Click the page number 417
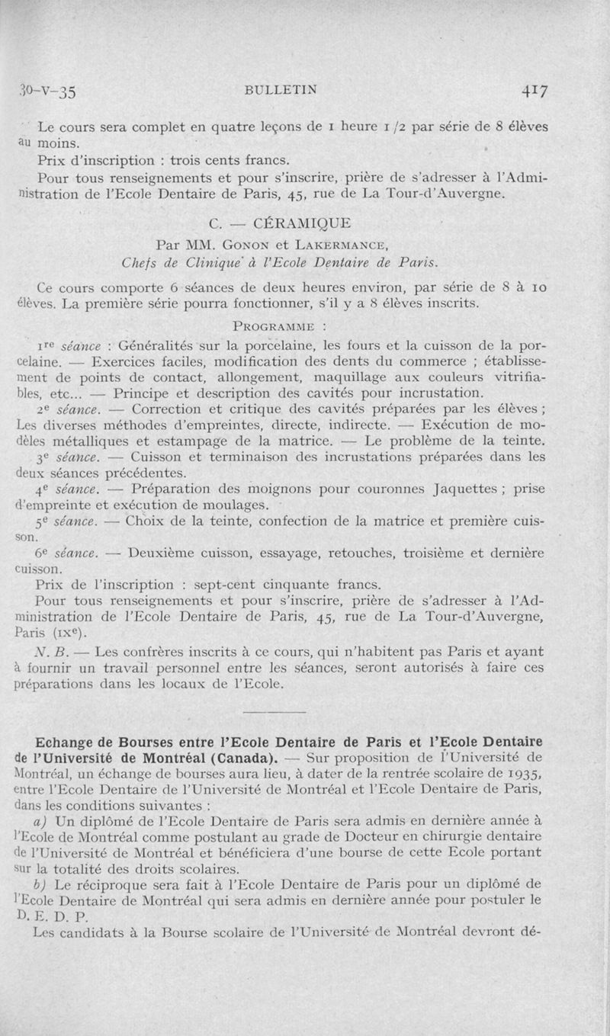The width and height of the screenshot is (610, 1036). (x=538, y=90)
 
